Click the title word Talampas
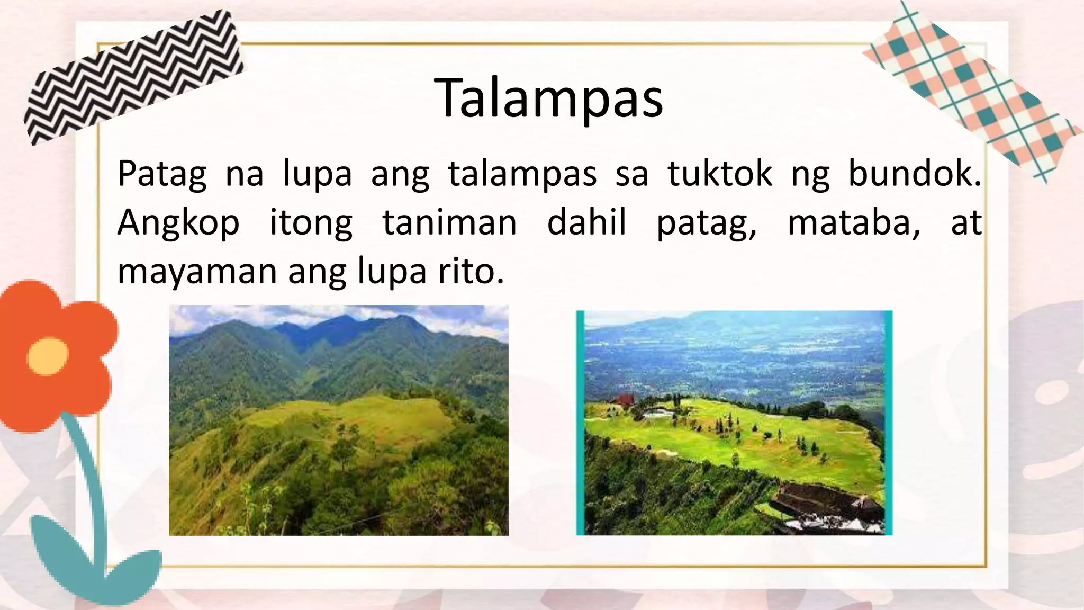click(548, 98)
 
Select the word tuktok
click(720, 174)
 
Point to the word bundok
click(914, 174)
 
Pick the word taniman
click(449, 222)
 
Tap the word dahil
click(586, 222)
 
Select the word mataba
click(853, 222)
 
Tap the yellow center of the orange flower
click(48, 356)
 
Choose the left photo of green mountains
click(339, 420)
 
